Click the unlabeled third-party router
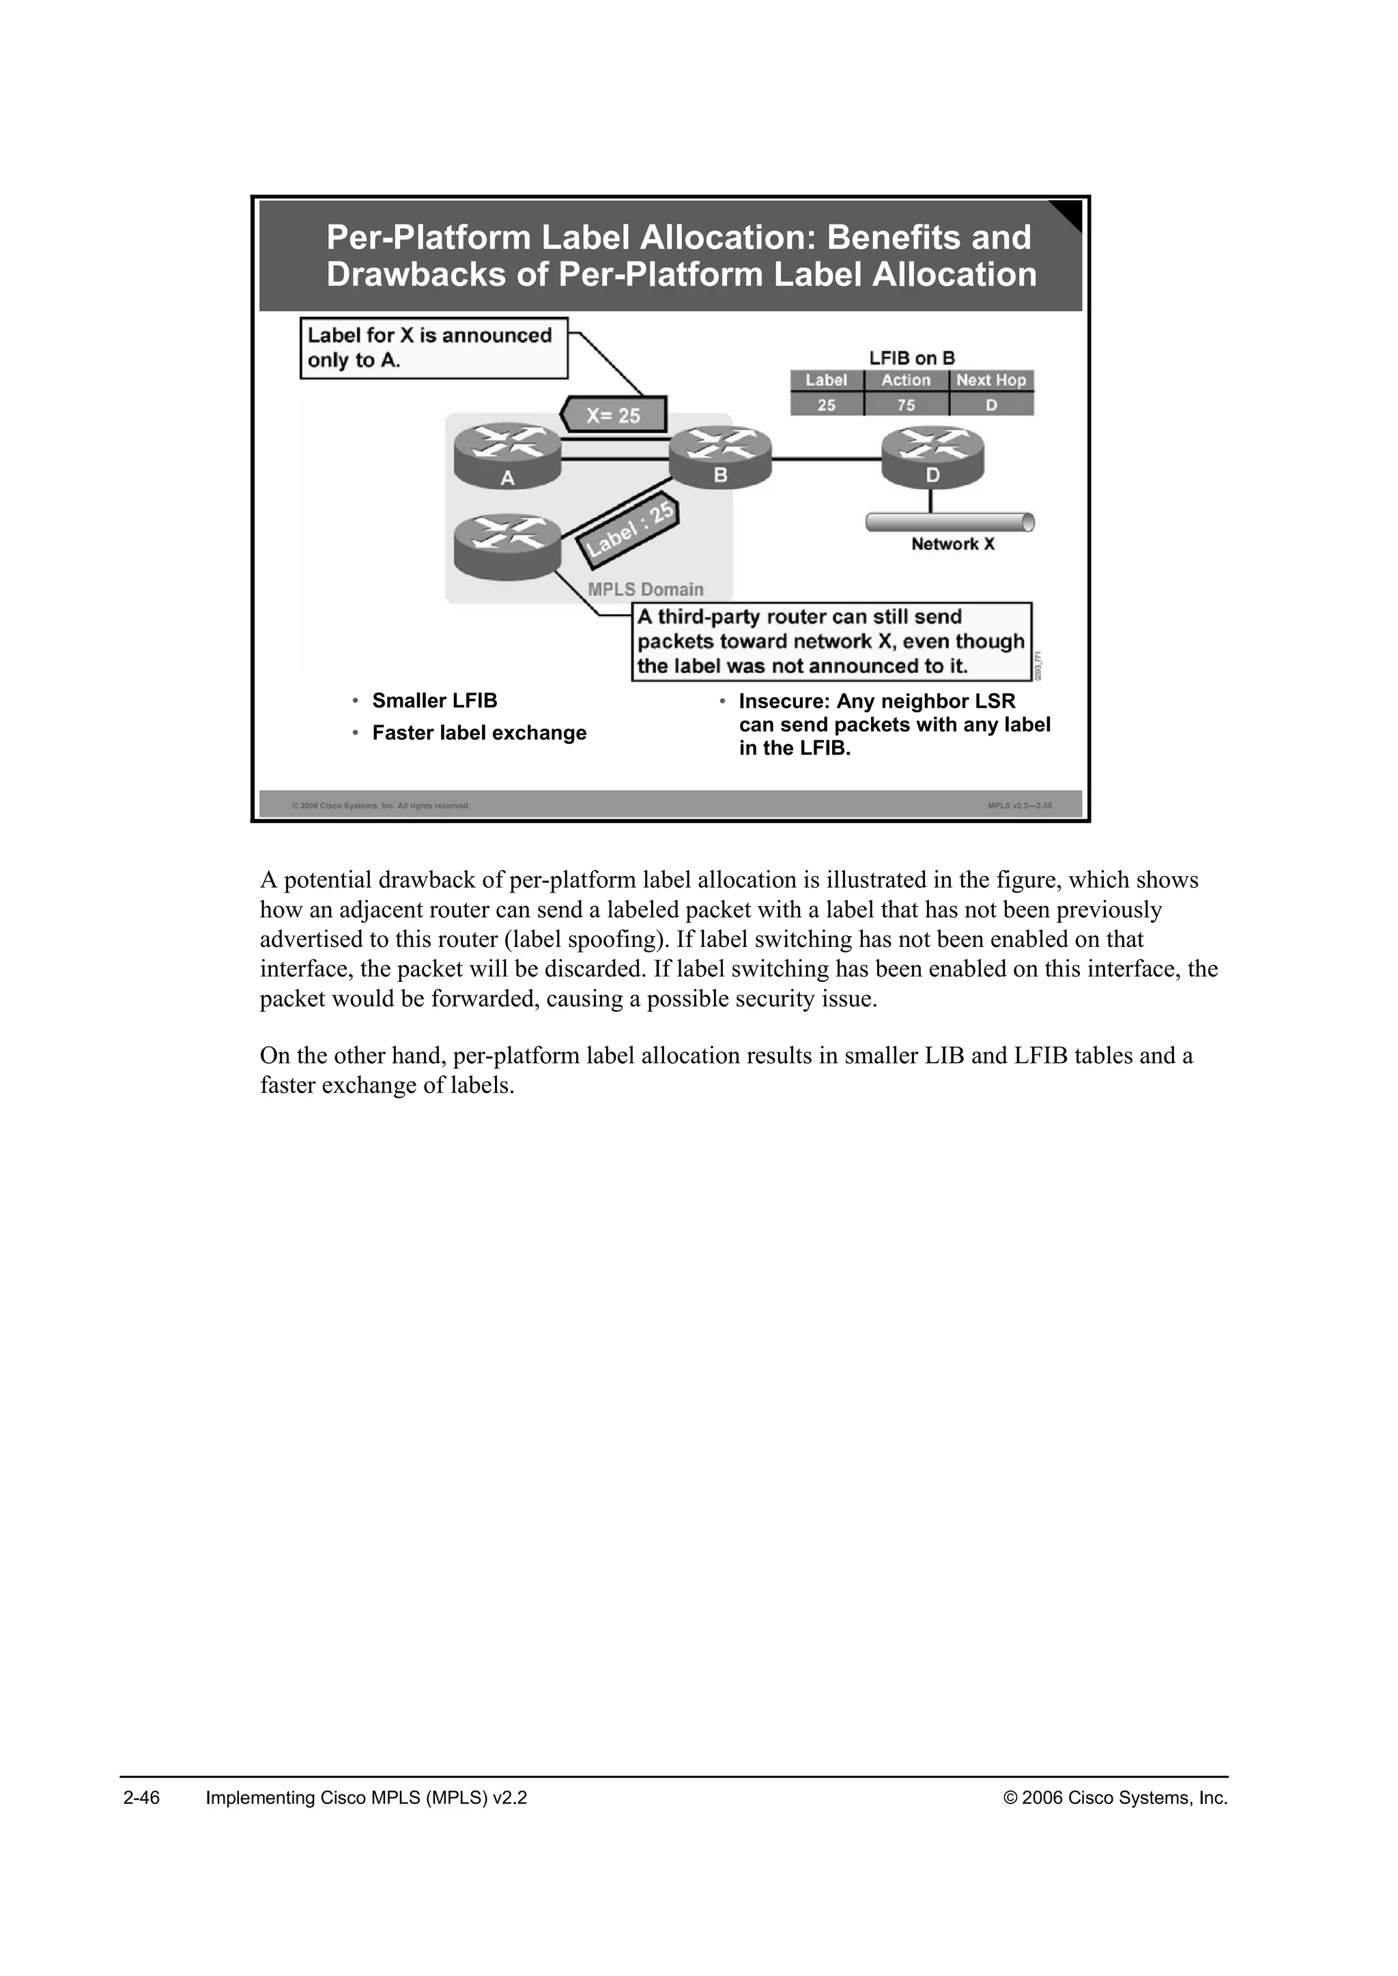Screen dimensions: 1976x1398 pyautogui.click(x=507, y=544)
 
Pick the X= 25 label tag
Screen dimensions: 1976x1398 pyautogui.click(x=613, y=415)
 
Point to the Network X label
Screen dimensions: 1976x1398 pyautogui.click(x=952, y=544)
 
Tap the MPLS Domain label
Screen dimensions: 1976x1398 pyautogui.click(x=645, y=590)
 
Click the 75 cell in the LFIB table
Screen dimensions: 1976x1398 pyautogui.click(x=906, y=405)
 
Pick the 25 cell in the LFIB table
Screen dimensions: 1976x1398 pyautogui.click(x=825, y=405)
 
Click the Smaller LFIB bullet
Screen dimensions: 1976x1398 pyautogui.click(x=434, y=701)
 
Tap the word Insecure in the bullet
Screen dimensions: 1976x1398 pyautogui.click(x=782, y=701)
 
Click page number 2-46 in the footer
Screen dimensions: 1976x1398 pyautogui.click(x=141, y=1798)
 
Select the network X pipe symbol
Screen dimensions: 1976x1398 pyautogui.click(x=949, y=521)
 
